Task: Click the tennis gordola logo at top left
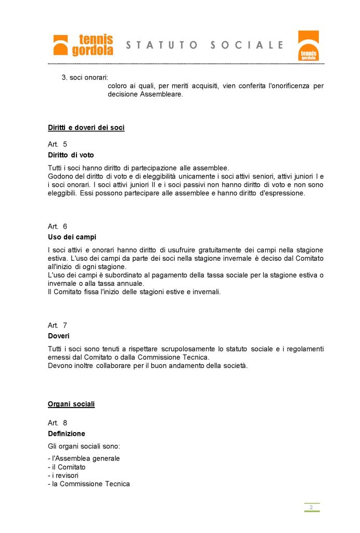83,45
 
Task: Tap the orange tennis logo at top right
308,46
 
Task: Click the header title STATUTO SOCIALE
204,45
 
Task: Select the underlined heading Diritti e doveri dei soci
86,128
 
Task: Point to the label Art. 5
57,144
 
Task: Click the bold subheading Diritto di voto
71,155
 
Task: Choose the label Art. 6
57,226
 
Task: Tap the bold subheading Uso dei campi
72,237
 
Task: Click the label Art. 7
57,325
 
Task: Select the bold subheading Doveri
59,336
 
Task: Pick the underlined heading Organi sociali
71,404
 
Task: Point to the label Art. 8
57,423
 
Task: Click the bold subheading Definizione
67,434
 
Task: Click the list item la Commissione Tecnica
89,484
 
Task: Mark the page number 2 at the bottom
311,507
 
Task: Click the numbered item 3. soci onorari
85,78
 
